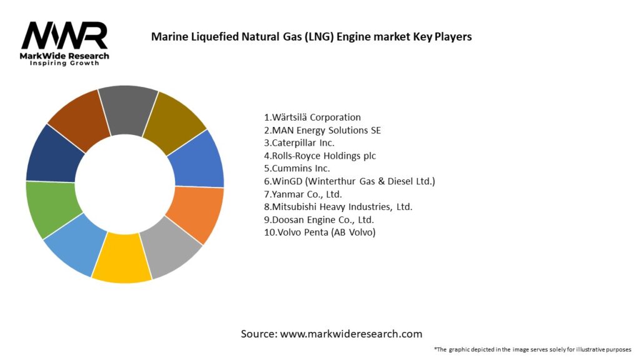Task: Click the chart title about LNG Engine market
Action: point(311,37)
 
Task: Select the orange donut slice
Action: point(194,214)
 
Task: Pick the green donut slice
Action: point(47,209)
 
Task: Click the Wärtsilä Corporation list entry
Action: point(312,117)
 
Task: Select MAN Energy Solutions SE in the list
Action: point(322,130)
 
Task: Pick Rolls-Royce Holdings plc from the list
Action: point(320,156)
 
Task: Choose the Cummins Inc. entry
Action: point(297,168)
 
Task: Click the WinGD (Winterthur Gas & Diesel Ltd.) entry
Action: point(349,181)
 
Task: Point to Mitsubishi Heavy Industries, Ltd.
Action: point(338,207)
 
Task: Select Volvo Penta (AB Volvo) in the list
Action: point(320,232)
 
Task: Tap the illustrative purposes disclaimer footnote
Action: point(532,349)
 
